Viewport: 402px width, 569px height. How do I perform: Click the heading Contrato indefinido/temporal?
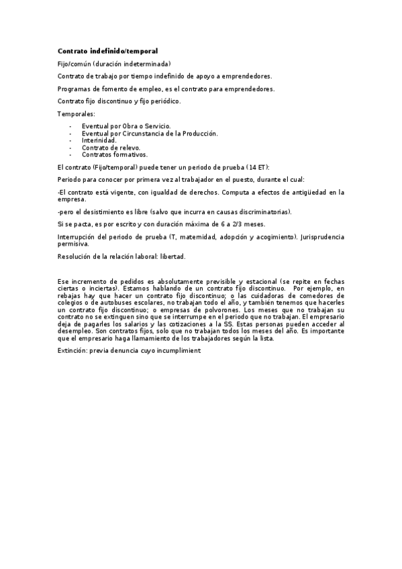pos(108,51)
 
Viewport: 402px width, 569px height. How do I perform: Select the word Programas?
pos(73,89)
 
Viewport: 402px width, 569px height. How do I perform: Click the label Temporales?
pos(76,115)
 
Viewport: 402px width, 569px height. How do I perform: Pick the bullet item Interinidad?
pos(99,140)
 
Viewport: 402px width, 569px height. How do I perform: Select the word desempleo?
pos(75,331)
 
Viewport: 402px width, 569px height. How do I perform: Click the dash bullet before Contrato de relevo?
pos(70,147)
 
